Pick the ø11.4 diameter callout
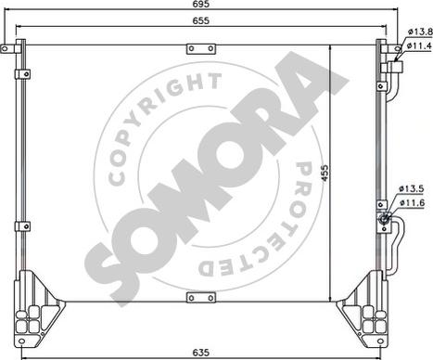coord(416,45)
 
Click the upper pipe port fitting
coord(396,65)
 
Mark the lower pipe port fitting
coord(384,220)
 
